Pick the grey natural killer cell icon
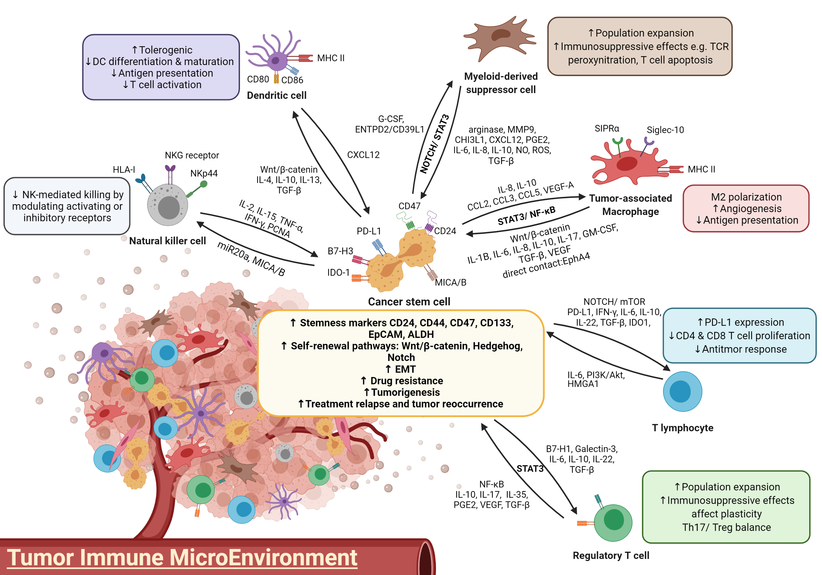tap(167, 206)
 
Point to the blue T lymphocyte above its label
tap(682, 392)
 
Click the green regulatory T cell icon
tap(613, 522)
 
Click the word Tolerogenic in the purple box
tap(165, 50)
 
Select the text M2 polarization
tap(746, 197)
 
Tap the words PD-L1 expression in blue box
tap(744, 322)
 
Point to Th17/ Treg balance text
tap(726, 527)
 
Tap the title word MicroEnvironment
tap(263, 558)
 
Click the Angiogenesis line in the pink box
tap(750, 209)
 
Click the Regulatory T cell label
tap(611, 555)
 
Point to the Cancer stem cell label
tap(409, 302)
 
